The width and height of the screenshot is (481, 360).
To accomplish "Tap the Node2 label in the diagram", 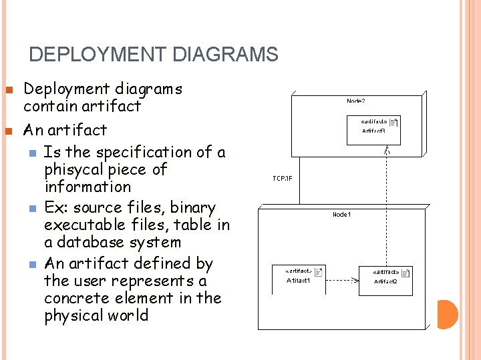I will [x=355, y=101].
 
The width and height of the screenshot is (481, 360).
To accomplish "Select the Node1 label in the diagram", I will [x=342, y=214].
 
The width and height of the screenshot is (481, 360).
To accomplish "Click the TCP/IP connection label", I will [x=283, y=178].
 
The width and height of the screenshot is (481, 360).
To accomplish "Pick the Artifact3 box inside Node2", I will [x=373, y=127].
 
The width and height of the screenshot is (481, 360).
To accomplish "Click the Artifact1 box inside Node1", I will [x=299, y=276].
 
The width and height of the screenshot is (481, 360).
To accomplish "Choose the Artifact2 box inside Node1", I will [x=385, y=277].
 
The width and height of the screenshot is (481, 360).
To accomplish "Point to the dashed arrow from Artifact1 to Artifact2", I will [x=341, y=280].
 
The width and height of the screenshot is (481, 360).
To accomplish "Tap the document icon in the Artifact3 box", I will [x=393, y=123].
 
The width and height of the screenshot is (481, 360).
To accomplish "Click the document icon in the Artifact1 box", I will [x=319, y=271].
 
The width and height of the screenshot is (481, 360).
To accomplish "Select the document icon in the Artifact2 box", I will [x=406, y=272].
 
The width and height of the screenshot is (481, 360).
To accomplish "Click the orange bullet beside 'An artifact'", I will [x=9, y=129].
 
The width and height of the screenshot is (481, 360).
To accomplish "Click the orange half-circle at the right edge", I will [x=448, y=315].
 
